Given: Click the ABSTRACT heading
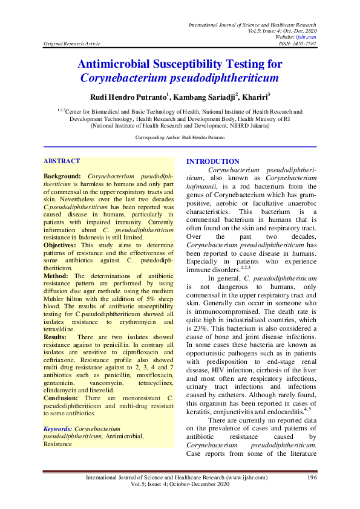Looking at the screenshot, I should pyautogui.click(x=61, y=161).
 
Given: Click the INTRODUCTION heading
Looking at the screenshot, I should pyautogui.click(x=212, y=161).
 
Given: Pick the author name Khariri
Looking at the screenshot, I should pyautogui.click(x=254, y=96).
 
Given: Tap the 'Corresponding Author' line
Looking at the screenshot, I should pyautogui.click(x=180, y=138).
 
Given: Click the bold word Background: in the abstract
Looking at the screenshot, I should pyautogui.click(x=62, y=175).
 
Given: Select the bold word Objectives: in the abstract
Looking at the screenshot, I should pyautogui.click(x=60, y=245).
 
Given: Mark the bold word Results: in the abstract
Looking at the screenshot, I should pyautogui.click(x=55, y=336).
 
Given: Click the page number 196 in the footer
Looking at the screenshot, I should pyautogui.click(x=312, y=478).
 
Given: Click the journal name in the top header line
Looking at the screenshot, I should pyautogui.click(x=252, y=24).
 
